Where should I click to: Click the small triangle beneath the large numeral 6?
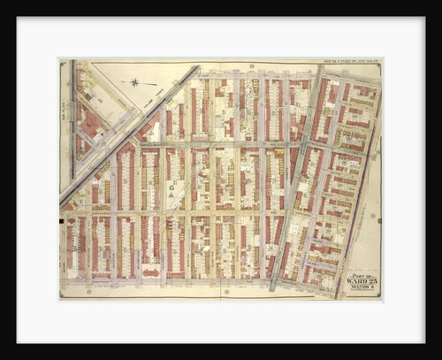[171, 196]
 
